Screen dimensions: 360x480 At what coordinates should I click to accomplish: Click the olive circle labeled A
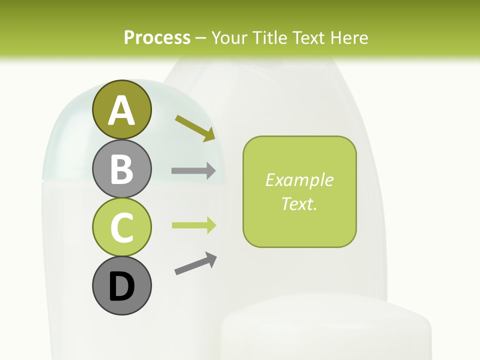[x=121, y=109]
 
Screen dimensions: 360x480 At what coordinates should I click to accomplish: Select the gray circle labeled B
[x=121, y=168]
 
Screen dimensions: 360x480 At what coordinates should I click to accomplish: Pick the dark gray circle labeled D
[x=121, y=285]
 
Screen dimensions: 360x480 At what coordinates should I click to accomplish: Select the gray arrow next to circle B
[x=193, y=171]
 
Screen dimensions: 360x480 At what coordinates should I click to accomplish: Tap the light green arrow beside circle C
[x=193, y=225]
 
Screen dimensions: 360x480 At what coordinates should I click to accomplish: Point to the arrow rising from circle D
[x=195, y=263]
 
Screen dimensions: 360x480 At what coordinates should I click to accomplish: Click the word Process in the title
[x=157, y=37]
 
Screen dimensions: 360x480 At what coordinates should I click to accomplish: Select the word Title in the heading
[x=268, y=37]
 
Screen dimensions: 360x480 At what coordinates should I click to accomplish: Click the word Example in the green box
[x=299, y=180]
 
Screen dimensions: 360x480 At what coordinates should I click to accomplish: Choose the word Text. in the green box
[x=299, y=203]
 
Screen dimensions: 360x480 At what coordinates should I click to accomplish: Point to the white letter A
[x=121, y=110]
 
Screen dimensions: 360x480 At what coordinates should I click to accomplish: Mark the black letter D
[x=121, y=286]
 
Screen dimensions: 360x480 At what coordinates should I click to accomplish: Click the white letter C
[x=121, y=227]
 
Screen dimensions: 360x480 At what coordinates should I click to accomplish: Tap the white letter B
[x=121, y=169]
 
